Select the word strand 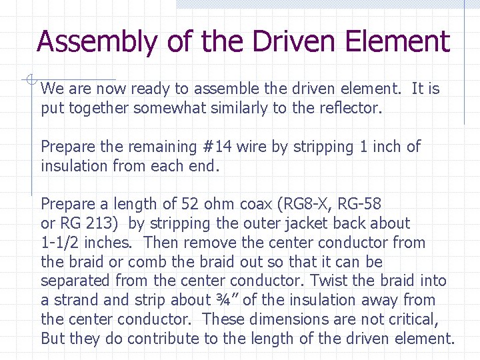(74, 300)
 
